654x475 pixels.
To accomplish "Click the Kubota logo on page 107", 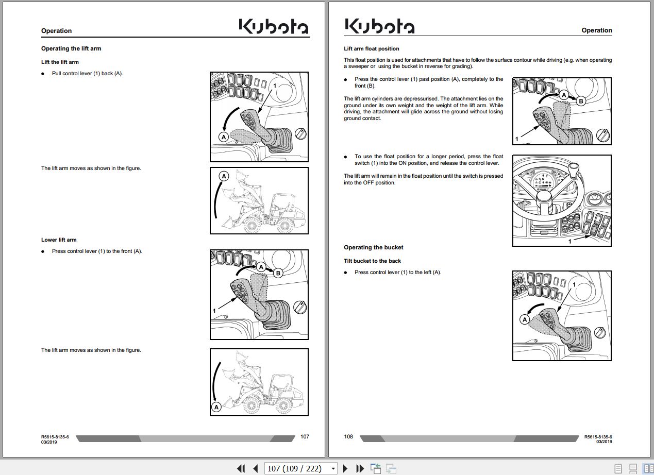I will (274, 27).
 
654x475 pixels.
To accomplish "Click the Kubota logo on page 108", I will (379, 26).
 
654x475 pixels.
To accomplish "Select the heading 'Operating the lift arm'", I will (71, 48).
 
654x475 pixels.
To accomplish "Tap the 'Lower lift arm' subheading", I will (59, 240).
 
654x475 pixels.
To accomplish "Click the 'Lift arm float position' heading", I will (371, 49).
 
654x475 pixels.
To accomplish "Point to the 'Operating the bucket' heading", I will (373, 247).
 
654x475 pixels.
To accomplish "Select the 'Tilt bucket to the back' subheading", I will (372, 261).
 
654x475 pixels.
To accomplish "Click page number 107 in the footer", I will (305, 436).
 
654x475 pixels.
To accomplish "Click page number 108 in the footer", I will (348, 436).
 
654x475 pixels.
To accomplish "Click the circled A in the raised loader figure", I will (224, 176).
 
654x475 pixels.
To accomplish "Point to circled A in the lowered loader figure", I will (217, 407).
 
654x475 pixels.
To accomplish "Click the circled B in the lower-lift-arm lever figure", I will (278, 273).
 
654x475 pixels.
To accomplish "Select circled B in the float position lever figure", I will (581, 101).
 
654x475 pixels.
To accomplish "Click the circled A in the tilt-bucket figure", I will (525, 319).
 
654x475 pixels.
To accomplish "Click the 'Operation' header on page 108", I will (596, 30).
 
